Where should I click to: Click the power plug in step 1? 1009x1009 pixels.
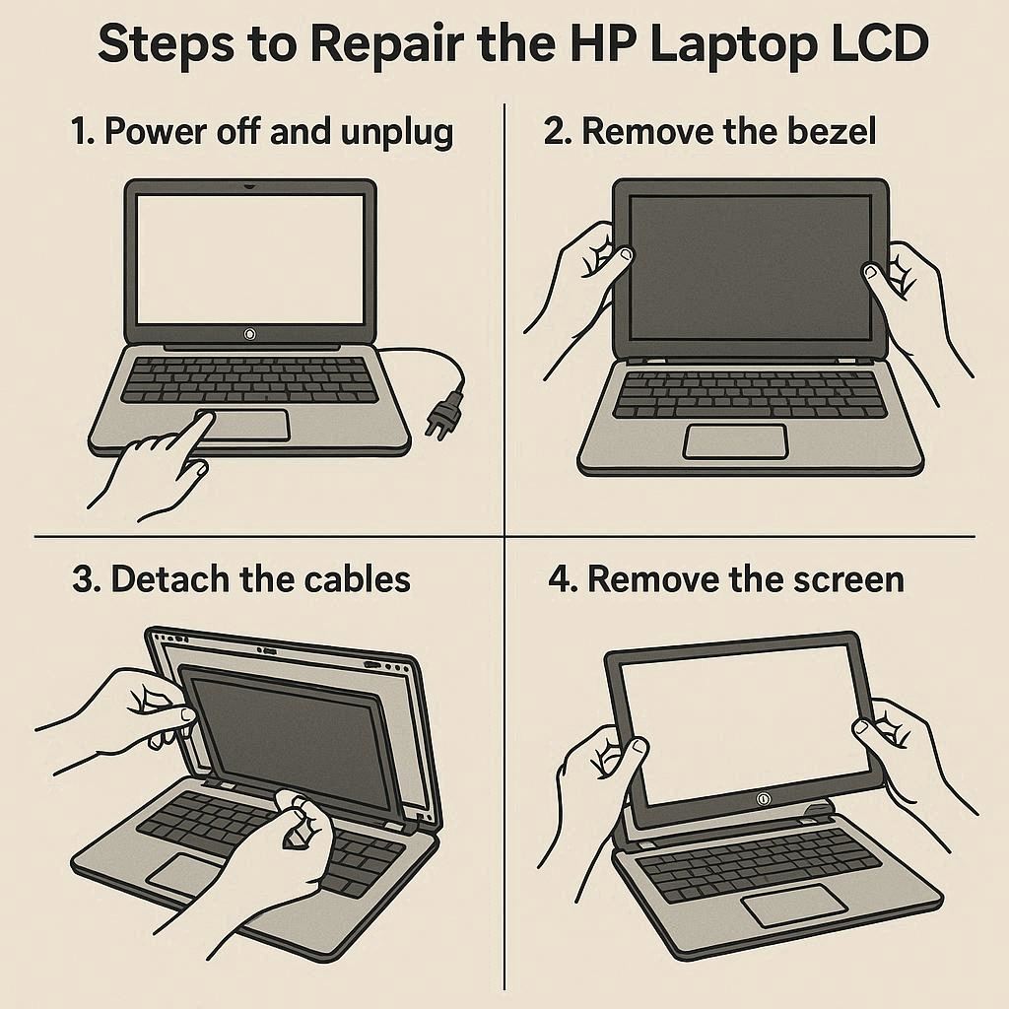point(444,416)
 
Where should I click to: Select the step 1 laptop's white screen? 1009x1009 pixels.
point(250,259)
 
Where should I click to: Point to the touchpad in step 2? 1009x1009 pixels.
point(735,441)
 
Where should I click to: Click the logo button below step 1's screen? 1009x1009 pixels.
point(249,334)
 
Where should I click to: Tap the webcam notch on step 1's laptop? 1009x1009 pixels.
point(249,186)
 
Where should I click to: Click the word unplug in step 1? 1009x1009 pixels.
point(397,134)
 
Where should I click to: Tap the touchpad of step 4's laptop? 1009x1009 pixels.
point(794,906)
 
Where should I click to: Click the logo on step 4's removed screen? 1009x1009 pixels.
point(764,799)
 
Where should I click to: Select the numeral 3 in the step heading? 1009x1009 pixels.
point(83,579)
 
